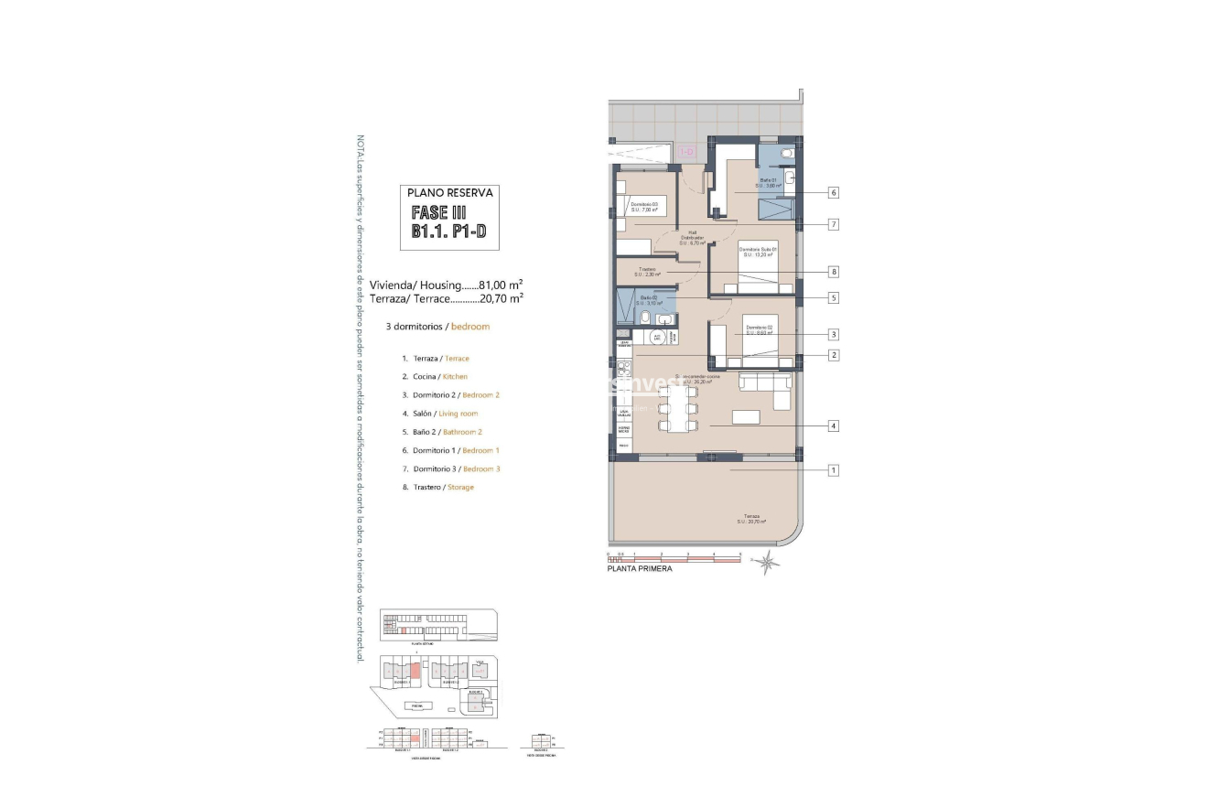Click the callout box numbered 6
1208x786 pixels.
(834, 193)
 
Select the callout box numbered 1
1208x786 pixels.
(834, 470)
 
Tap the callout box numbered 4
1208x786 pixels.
(834, 426)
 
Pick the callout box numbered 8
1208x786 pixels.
(834, 272)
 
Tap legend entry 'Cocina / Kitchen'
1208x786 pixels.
(435, 377)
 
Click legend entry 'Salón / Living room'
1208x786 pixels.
(439, 414)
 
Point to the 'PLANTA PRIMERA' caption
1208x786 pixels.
(640, 569)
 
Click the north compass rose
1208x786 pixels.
(767, 565)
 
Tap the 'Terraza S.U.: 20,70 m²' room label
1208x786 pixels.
(750, 519)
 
